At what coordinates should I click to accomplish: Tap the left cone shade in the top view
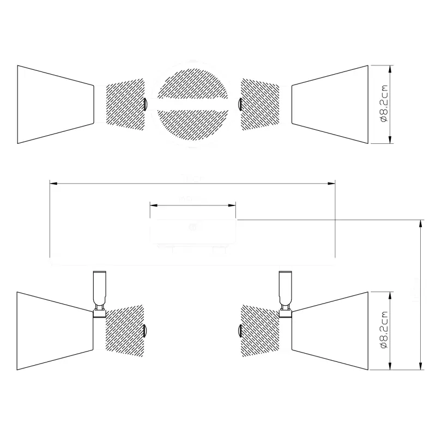[55, 105]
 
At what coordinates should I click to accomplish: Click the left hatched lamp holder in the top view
[124, 105]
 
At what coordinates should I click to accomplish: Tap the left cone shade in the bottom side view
[55, 331]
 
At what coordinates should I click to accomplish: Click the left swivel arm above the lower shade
[99, 292]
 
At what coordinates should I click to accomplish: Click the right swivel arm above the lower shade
[284, 292]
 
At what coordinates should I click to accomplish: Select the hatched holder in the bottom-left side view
[124, 331]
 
